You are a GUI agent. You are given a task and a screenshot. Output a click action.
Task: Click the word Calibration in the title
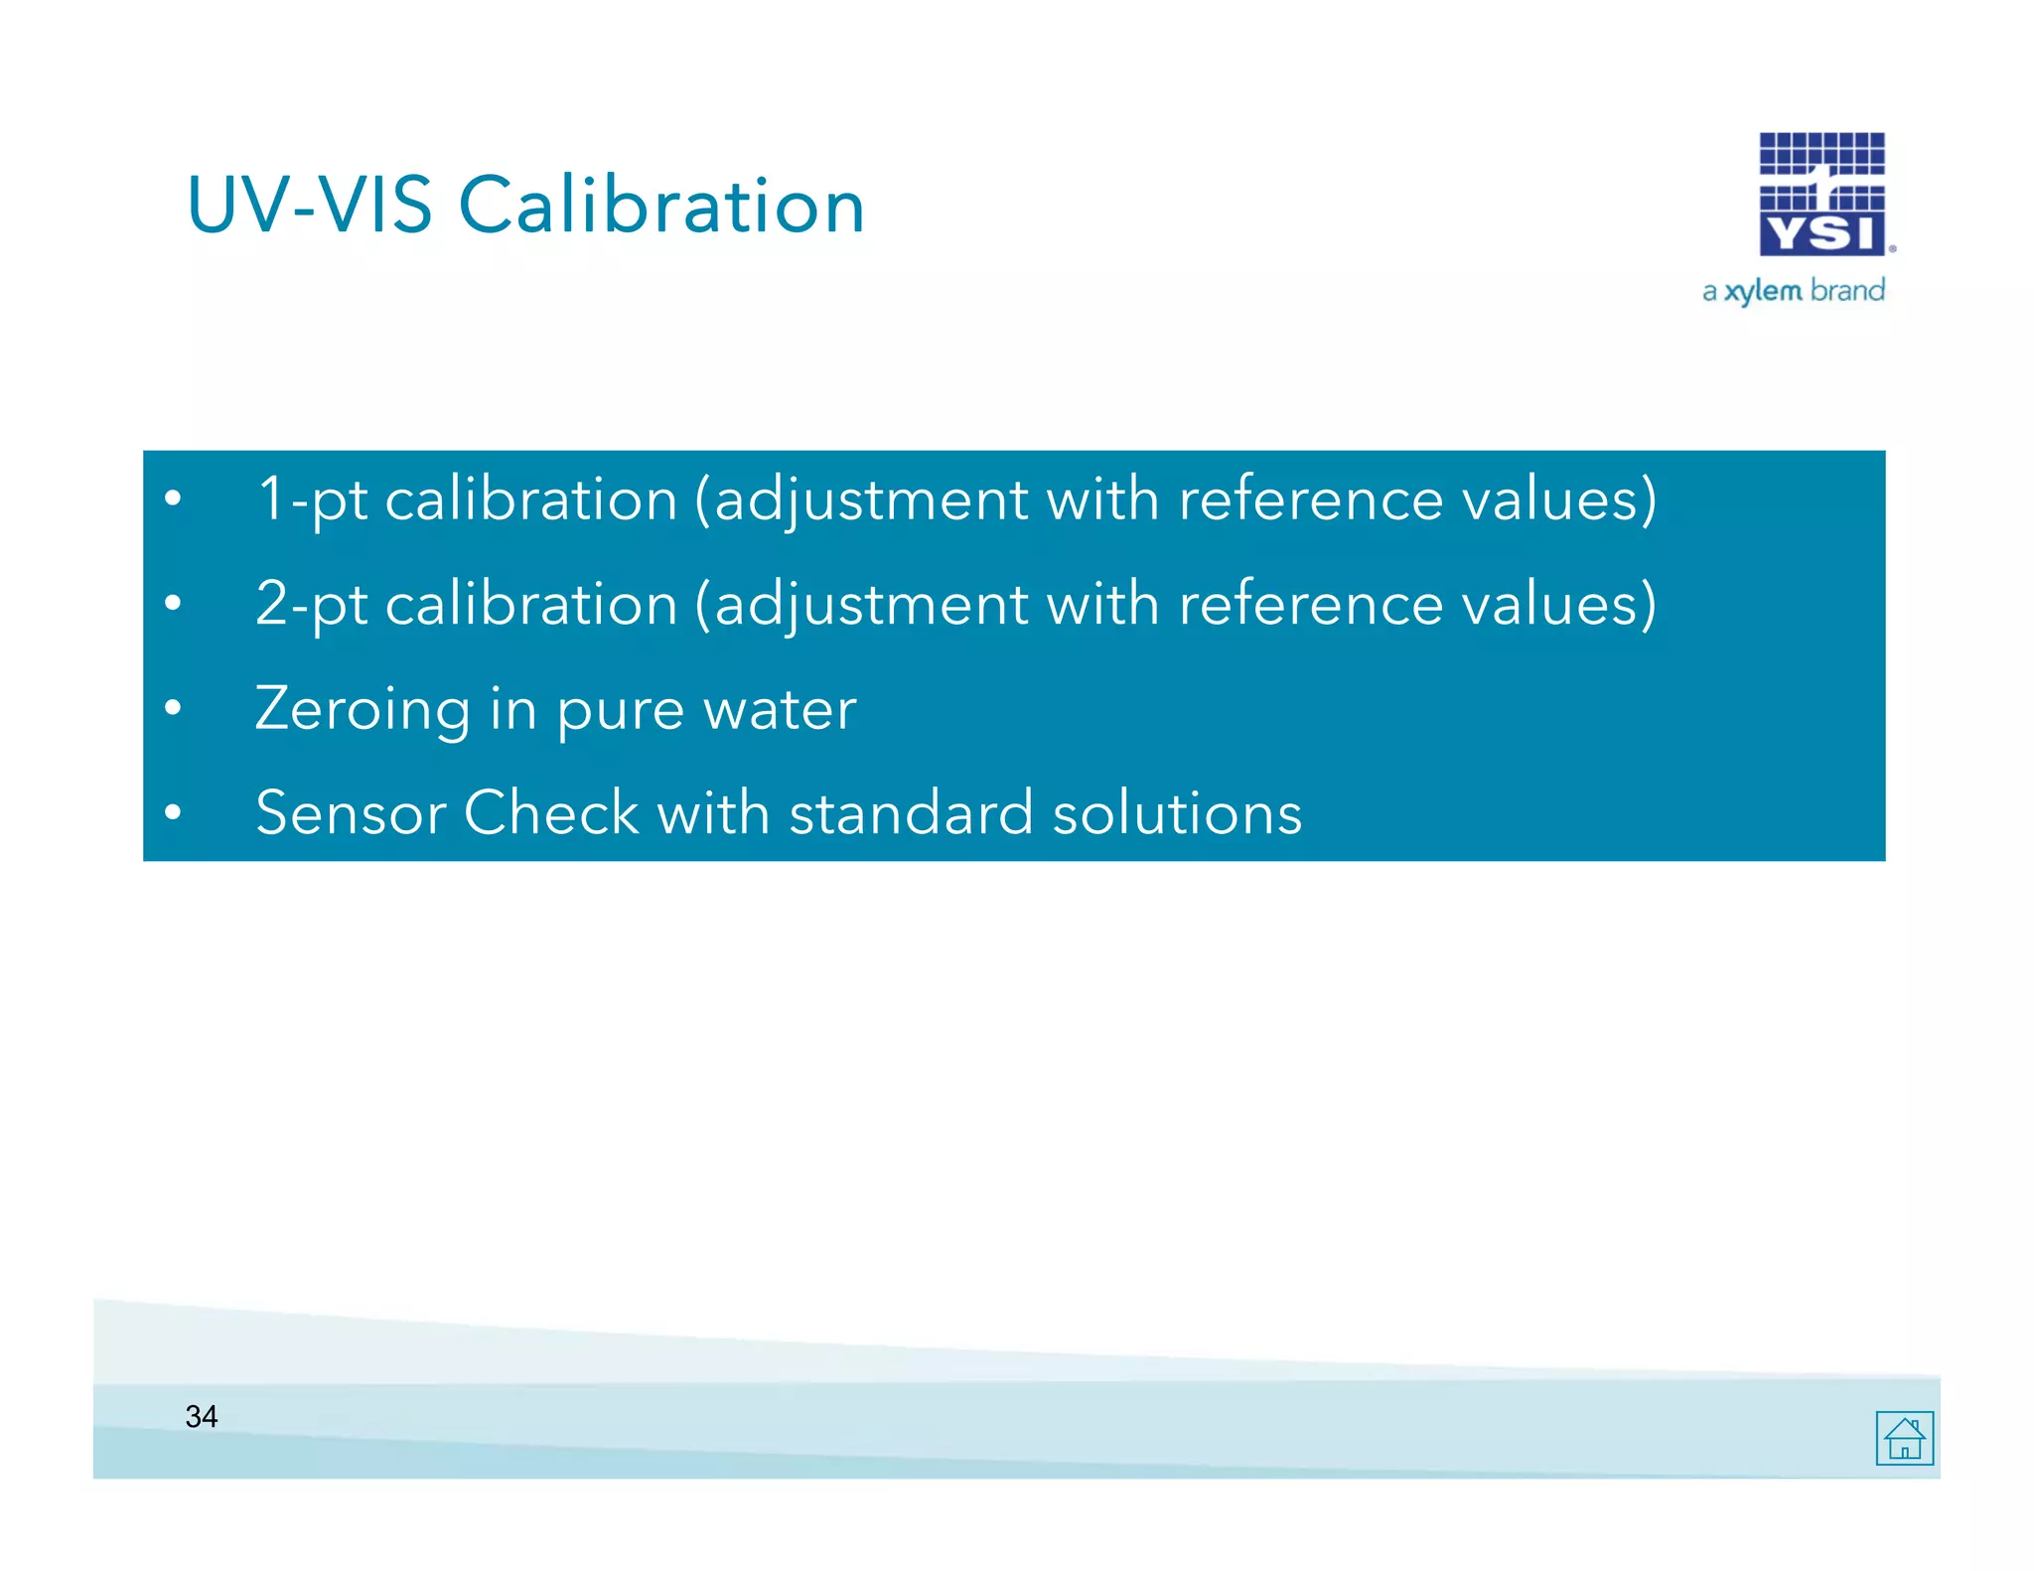[x=660, y=206]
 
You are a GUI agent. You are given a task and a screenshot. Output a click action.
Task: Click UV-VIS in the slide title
[x=309, y=206]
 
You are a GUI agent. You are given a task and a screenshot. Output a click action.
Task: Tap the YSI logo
[x=1822, y=195]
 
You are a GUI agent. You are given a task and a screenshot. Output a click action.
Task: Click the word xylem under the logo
[x=1763, y=291]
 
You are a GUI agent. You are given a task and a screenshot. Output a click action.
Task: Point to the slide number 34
[x=202, y=1416]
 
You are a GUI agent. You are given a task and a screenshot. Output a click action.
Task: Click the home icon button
[x=1904, y=1438]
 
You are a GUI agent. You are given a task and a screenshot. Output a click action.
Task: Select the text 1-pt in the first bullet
[x=312, y=500]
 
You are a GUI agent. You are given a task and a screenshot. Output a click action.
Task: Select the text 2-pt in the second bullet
[x=312, y=605]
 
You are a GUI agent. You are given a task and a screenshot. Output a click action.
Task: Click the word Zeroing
[x=363, y=710]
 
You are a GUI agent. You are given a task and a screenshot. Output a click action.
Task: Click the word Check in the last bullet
[x=551, y=813]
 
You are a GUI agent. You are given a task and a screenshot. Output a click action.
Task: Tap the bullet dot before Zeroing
[x=173, y=708]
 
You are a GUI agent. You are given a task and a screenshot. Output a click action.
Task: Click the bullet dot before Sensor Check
[x=173, y=812]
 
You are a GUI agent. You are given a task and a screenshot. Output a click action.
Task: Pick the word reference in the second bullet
[x=1310, y=605]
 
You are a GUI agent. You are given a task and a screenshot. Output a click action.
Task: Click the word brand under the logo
[x=1847, y=290]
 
